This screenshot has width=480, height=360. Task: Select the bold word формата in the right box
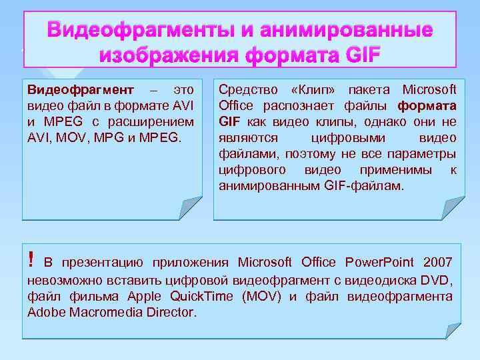[427, 105]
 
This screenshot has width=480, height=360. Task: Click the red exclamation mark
[31, 257]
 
